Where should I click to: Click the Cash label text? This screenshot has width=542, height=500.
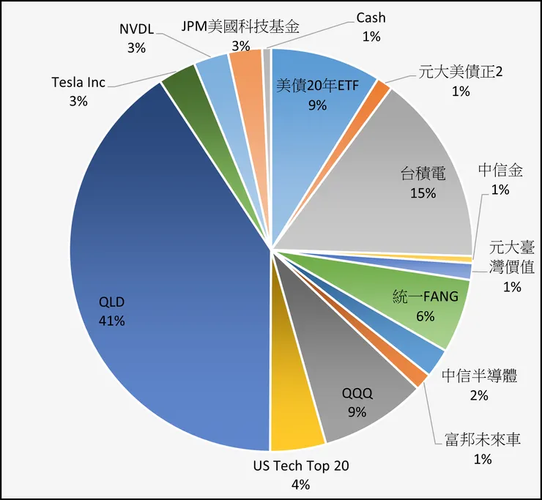(x=371, y=18)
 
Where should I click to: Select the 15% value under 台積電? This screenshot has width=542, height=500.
(x=423, y=193)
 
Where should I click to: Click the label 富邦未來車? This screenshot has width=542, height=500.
(x=482, y=441)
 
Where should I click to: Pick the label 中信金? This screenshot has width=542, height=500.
(x=501, y=171)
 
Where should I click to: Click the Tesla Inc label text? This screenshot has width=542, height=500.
(x=78, y=82)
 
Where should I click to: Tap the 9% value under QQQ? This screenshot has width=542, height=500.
(x=357, y=411)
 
